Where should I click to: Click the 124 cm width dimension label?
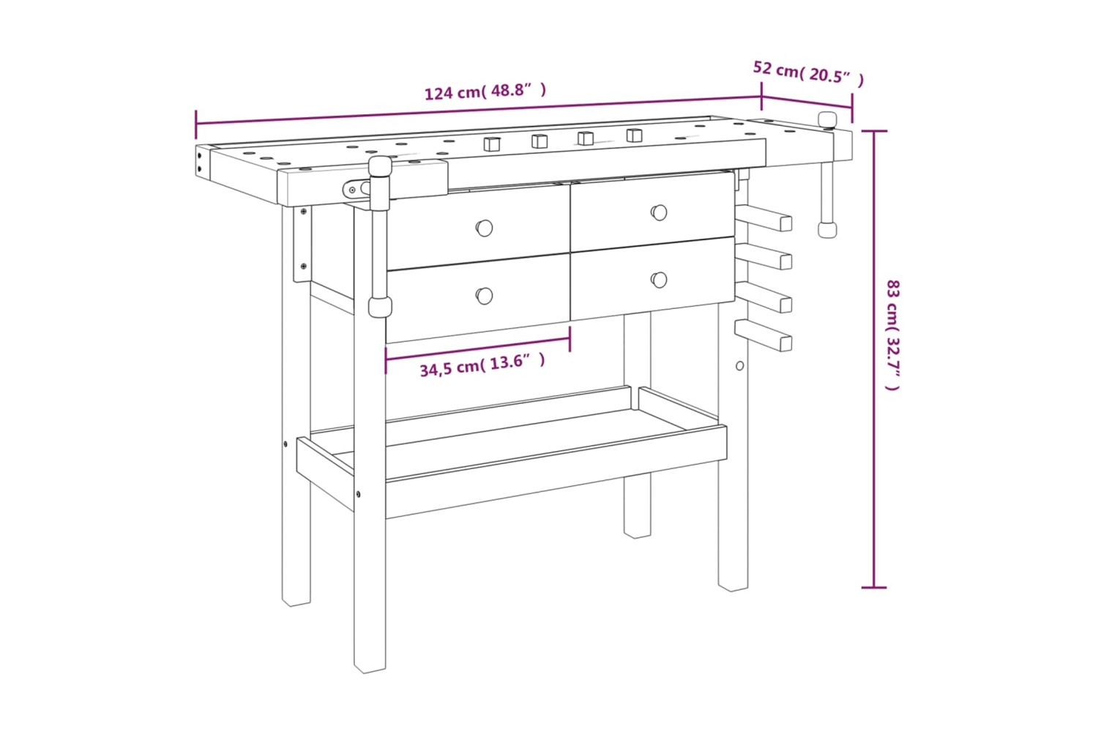tap(485, 91)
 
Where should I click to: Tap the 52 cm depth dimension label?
tap(808, 73)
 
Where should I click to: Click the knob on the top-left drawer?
tap(485, 228)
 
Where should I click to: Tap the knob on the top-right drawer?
tap(659, 213)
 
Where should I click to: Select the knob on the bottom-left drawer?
tap(485, 296)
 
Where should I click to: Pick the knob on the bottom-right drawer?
tap(659, 280)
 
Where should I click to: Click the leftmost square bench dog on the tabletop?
tap(492, 144)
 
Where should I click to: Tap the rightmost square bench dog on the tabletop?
tap(635, 135)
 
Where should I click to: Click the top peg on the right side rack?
tap(763, 217)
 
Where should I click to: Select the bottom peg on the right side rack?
tap(763, 335)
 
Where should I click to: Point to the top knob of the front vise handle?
tap(380, 166)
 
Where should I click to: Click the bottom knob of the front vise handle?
tap(380, 307)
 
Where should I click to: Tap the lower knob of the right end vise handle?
tap(827, 229)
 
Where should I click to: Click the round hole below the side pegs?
tap(739, 366)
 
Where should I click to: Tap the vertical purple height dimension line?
tap(874, 359)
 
